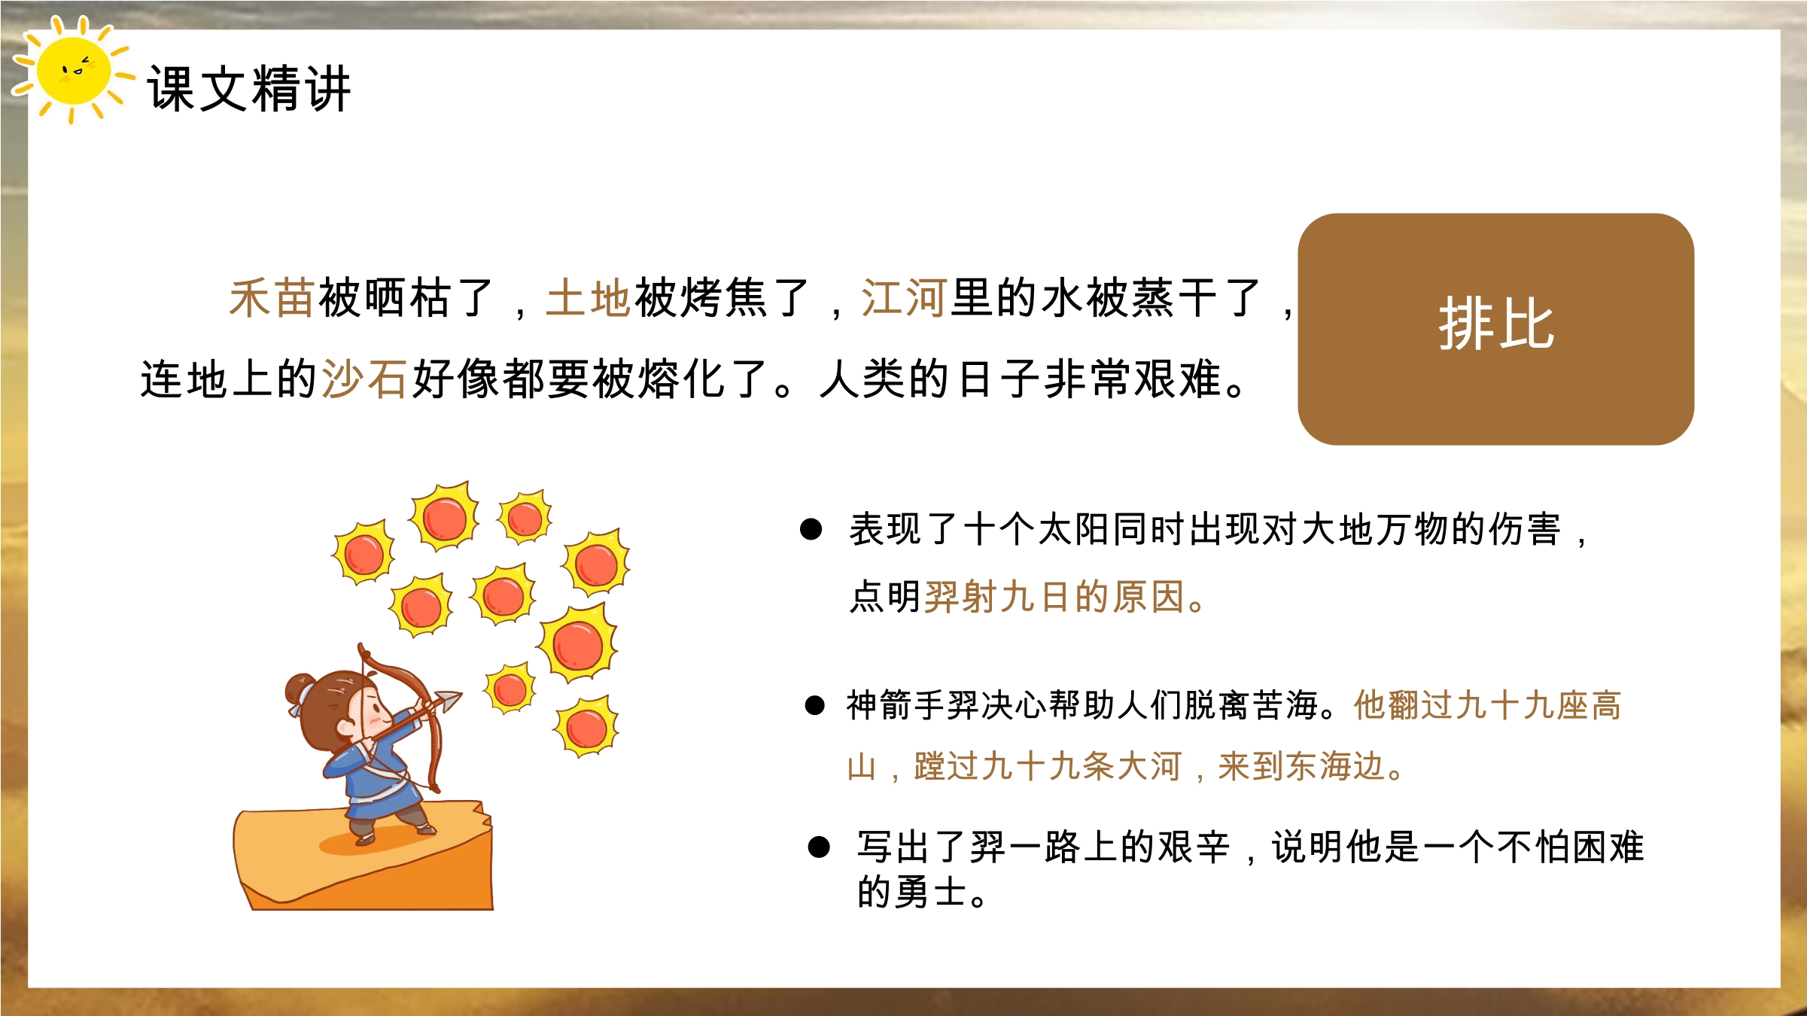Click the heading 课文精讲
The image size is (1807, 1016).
click(x=248, y=89)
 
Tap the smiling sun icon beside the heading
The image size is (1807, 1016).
click(x=73, y=69)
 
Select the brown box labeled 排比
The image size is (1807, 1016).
click(x=1495, y=329)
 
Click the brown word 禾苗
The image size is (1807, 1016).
click(x=272, y=298)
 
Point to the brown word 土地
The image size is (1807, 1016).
click(x=589, y=298)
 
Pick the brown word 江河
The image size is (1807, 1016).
click(x=904, y=298)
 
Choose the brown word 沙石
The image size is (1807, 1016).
click(x=365, y=379)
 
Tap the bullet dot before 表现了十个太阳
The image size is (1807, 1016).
click(x=811, y=529)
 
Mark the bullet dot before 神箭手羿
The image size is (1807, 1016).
click(x=815, y=705)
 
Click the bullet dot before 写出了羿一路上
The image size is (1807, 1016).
click(x=819, y=847)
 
